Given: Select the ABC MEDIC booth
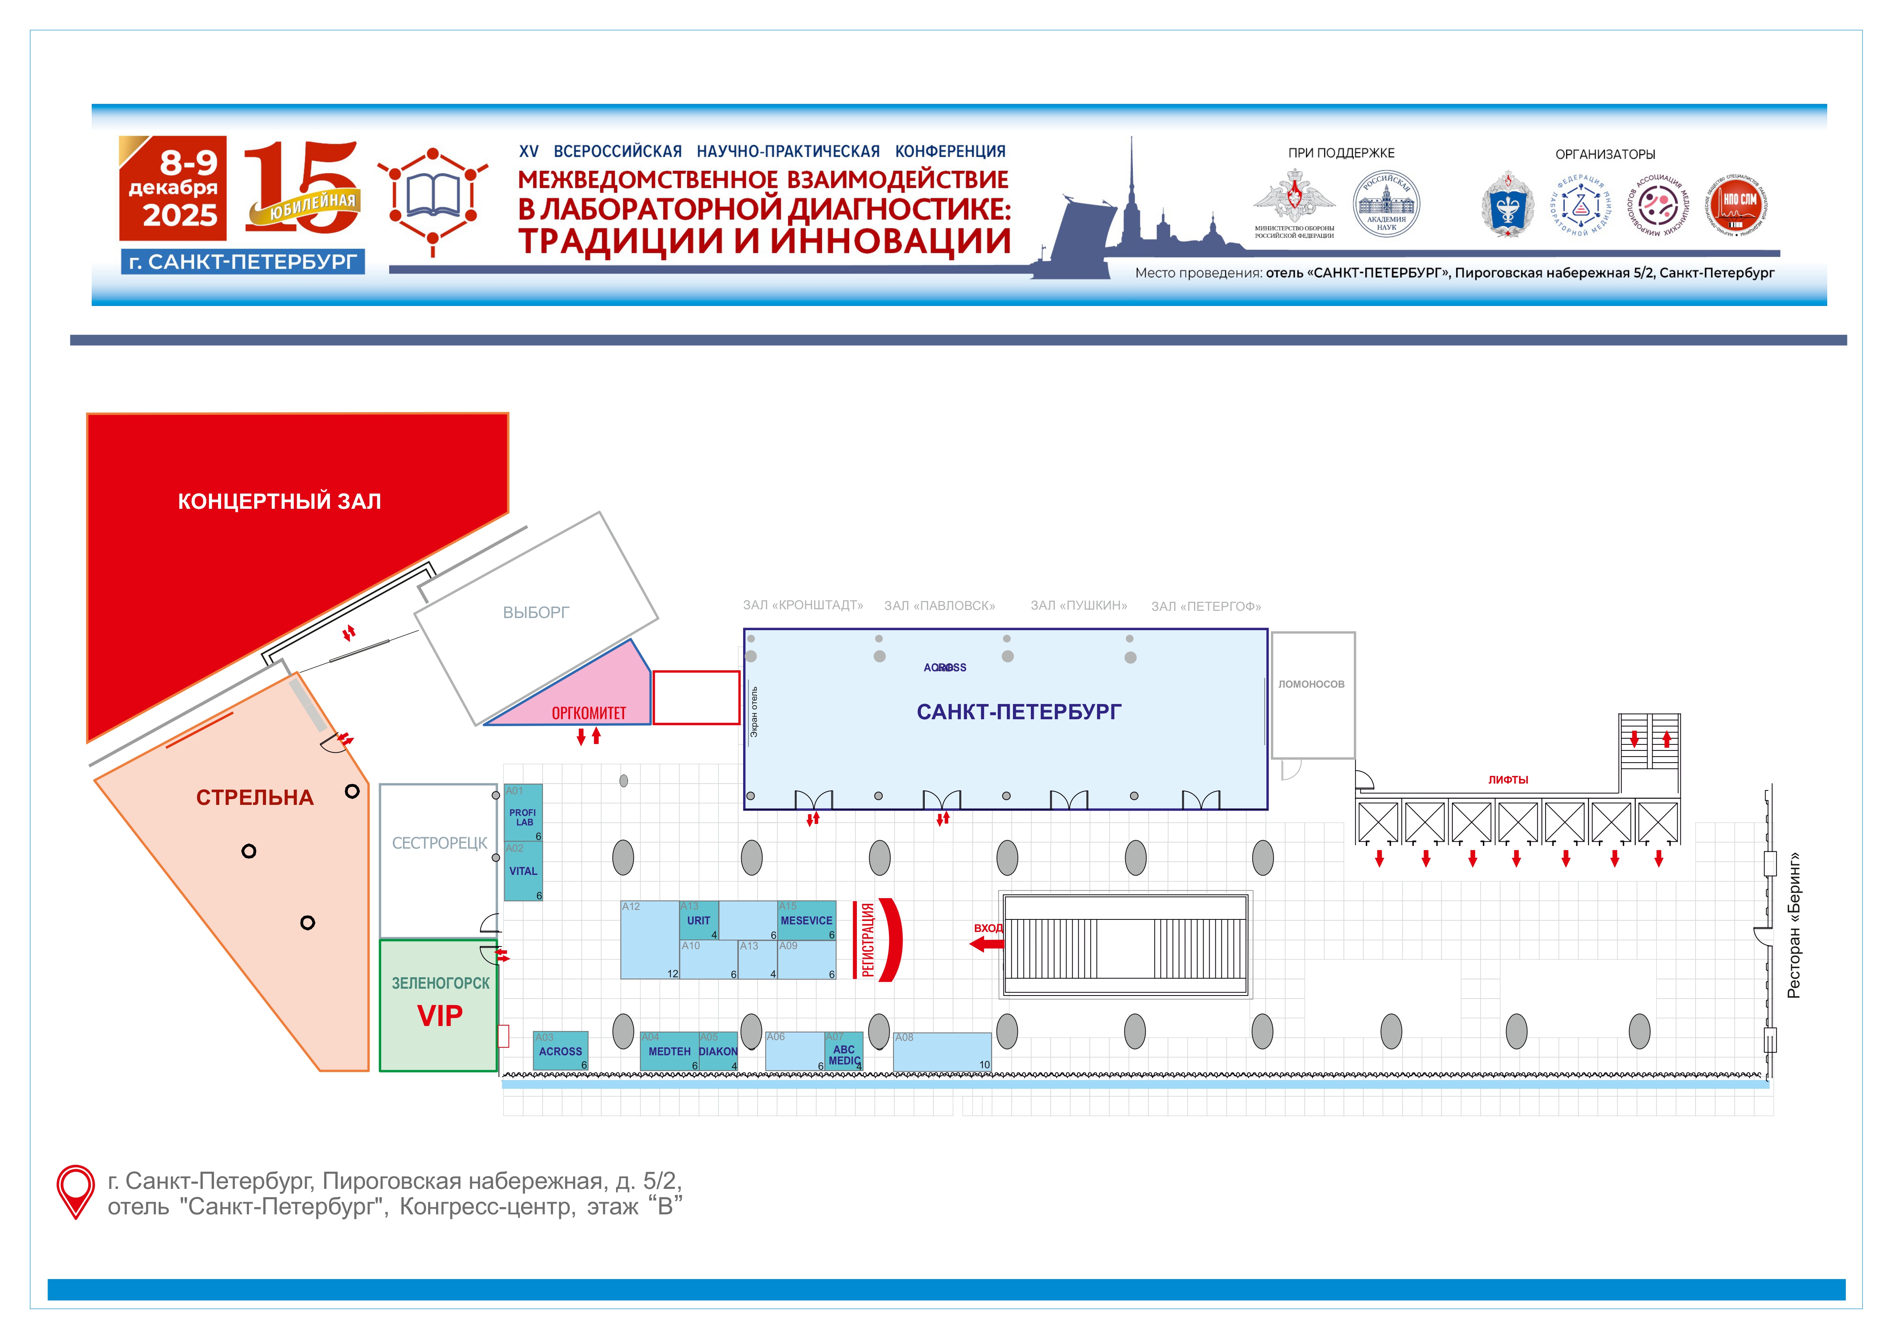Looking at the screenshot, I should coord(844,1054).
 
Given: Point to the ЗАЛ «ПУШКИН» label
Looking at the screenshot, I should coord(1078,606).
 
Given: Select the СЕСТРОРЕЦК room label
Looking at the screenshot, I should coord(439,843).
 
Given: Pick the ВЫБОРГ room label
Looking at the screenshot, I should coord(536,612).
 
